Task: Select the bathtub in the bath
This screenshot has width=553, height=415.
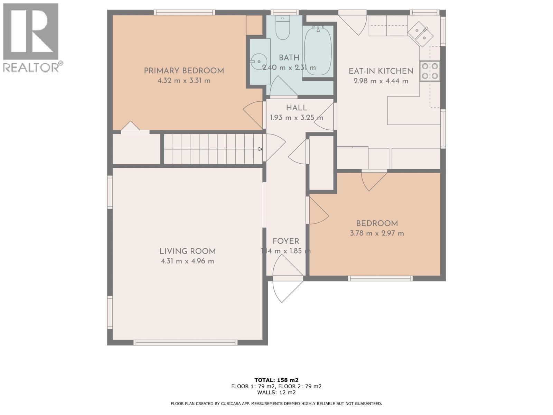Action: point(318,51)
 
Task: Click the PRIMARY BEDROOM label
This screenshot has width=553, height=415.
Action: point(184,71)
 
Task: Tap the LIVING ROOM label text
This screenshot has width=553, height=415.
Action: point(187,251)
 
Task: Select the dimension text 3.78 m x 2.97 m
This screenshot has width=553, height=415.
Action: point(377,233)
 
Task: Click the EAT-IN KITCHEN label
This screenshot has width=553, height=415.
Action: point(381,71)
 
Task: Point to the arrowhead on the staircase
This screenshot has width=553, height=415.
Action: point(260,149)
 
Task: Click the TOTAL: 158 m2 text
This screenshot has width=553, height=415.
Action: point(276,380)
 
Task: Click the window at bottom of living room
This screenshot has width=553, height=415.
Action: point(185,342)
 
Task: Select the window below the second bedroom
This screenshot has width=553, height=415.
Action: point(380,278)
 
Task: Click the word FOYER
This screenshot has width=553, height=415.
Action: point(286,241)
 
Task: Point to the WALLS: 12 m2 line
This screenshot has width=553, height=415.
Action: point(276,393)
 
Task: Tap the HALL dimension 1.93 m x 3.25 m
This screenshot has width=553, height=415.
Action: point(296,118)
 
